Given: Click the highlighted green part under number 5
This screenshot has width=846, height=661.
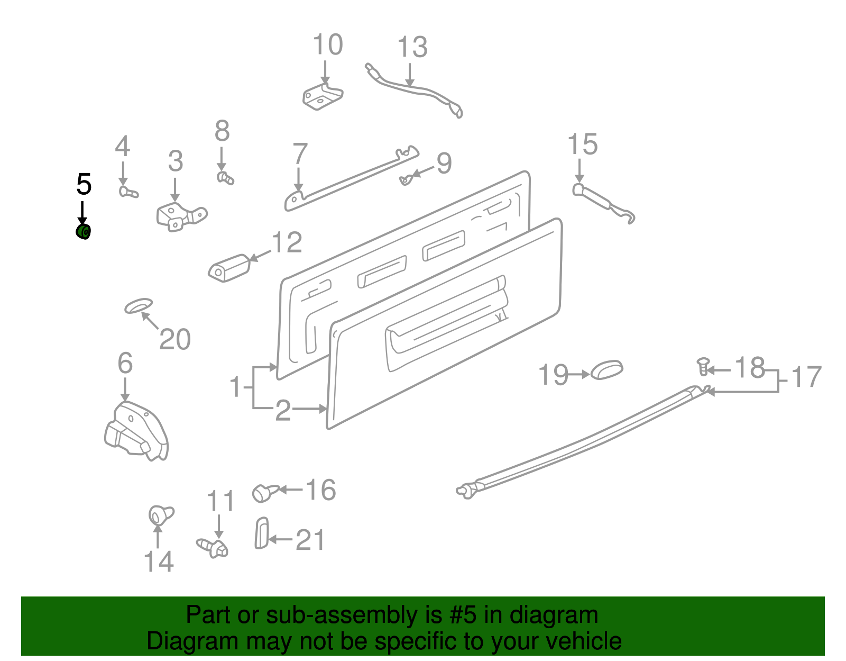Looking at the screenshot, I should click(83, 232).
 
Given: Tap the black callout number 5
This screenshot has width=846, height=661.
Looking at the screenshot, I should click(84, 184).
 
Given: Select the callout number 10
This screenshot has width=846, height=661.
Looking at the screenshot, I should click(327, 44).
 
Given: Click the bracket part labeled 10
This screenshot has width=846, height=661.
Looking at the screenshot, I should click(323, 97).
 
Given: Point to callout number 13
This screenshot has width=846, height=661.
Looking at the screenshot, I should click(412, 47).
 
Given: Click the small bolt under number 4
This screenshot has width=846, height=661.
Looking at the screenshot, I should click(127, 192).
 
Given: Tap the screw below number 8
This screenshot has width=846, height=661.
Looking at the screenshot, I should click(225, 178).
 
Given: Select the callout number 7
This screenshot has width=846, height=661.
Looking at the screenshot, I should click(300, 154).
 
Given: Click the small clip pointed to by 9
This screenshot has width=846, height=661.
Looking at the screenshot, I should click(404, 180).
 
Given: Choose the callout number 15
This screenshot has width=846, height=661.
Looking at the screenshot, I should click(582, 144).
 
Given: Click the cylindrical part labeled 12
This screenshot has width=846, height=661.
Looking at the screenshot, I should click(229, 268).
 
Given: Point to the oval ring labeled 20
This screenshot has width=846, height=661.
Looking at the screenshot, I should click(139, 306).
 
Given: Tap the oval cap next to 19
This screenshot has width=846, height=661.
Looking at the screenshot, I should click(606, 370).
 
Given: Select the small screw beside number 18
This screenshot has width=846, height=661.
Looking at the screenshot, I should click(703, 366).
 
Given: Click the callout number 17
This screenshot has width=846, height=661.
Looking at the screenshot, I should click(806, 377).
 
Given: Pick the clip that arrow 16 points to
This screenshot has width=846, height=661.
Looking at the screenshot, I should click(263, 492).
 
